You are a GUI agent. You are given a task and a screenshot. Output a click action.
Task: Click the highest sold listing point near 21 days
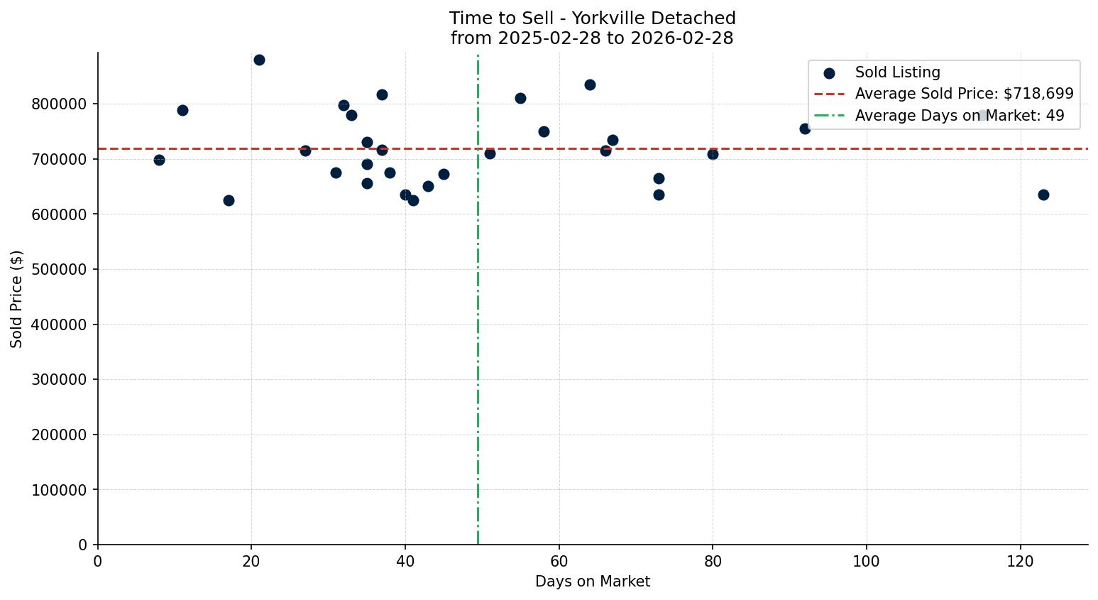coord(259,60)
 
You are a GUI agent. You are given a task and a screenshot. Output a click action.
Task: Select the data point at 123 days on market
coord(1043,195)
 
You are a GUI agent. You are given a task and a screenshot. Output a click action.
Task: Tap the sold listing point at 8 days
coord(159,160)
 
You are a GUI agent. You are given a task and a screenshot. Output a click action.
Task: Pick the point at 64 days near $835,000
coord(590,84)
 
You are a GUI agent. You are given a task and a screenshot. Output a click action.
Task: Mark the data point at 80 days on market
coord(713,154)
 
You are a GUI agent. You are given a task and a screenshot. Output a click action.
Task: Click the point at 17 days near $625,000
coord(229,200)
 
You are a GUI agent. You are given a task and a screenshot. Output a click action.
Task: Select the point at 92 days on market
coord(805,129)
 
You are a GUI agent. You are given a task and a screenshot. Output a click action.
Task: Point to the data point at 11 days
coord(182,110)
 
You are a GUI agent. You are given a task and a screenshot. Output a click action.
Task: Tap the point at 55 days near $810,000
coord(520,98)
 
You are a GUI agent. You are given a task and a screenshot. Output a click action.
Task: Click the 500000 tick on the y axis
coord(59,270)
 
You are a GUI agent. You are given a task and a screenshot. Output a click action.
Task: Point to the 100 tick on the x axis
coord(866,561)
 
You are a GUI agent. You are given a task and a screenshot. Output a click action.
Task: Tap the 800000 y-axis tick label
coord(59,104)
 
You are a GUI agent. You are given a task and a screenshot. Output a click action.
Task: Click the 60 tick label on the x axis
coord(559,561)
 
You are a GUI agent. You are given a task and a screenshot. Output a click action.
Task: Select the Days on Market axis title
coord(593,582)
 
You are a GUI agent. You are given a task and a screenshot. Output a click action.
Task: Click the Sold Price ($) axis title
coord(17,299)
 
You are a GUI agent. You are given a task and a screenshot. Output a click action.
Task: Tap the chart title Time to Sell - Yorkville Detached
coord(593,18)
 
